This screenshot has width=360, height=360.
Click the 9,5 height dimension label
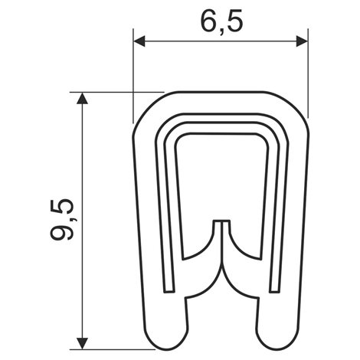pyautogui.click(x=62, y=220)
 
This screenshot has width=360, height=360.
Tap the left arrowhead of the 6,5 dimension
pyautogui.click(x=139, y=41)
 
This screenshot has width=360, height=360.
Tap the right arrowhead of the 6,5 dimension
pyautogui.click(x=302, y=41)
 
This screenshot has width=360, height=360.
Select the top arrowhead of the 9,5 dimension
pyautogui.click(x=82, y=99)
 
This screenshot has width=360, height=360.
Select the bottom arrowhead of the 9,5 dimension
pyautogui.click(x=82, y=343)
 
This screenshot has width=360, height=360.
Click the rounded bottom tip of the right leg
pyautogui.click(x=277, y=349)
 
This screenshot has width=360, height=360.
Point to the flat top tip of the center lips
pyautogui.click(x=221, y=221)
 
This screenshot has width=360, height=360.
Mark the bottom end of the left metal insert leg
pyautogui.click(x=169, y=292)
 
